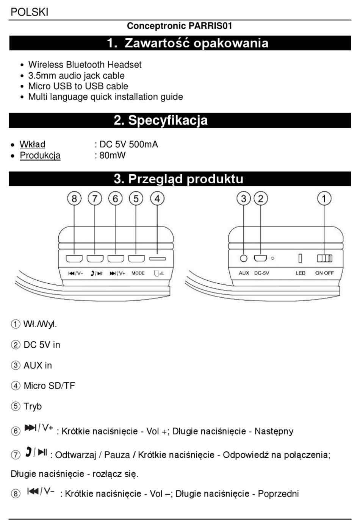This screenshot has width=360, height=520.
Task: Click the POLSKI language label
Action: tap(30, 12)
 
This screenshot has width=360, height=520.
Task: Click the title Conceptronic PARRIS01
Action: tap(179, 26)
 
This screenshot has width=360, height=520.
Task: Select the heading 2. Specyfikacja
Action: tap(161, 120)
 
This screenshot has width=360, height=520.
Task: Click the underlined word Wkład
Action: tap(33, 144)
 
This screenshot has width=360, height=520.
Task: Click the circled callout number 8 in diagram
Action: tap(74, 198)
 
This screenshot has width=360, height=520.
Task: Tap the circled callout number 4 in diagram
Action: tap(157, 198)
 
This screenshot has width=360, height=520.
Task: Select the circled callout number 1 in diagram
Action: tap(324, 198)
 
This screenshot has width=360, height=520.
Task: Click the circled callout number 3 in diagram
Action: tap(244, 198)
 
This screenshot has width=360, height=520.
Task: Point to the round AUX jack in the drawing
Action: tap(244, 258)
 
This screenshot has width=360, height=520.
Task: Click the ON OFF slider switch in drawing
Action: tap(324, 258)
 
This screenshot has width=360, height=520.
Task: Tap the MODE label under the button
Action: tap(138, 273)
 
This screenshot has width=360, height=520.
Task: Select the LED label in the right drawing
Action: tap(301, 273)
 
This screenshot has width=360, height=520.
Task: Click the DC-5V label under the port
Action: tap(261, 273)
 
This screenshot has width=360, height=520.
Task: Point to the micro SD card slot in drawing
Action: tap(157, 259)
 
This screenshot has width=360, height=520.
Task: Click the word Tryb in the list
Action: tap(33, 406)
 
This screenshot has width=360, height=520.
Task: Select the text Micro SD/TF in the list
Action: tap(49, 386)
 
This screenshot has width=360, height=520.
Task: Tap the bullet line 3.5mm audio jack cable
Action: tap(76, 76)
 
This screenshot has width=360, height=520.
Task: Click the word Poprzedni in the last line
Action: tap(278, 493)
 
